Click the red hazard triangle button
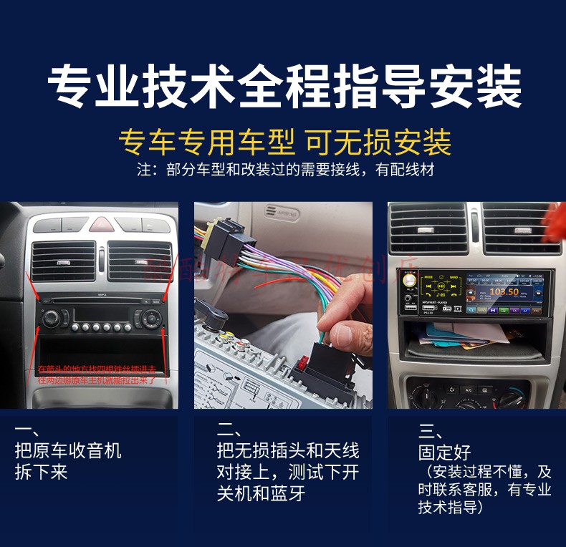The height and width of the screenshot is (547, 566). point(102,224)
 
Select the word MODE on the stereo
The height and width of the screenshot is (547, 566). point(428,276)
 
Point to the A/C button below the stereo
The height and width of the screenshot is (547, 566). point(467,390)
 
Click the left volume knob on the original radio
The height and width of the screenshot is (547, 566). point(51,318)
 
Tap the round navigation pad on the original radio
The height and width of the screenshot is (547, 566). point(151,318)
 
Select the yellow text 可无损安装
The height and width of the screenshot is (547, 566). point(379,142)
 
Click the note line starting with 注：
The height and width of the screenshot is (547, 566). point(285,170)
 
